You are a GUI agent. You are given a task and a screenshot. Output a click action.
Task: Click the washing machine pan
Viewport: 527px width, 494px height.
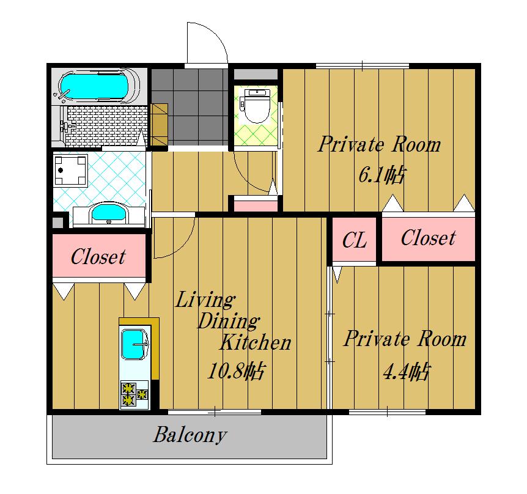pos(70,171)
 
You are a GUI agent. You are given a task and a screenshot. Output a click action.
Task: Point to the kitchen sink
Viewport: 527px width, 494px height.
pos(133,344)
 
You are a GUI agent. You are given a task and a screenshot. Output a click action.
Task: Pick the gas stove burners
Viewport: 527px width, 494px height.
pos(135,394)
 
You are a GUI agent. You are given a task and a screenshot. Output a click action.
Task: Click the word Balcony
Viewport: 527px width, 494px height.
pos(190,435)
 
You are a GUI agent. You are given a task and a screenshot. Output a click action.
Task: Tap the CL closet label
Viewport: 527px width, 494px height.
pos(354,240)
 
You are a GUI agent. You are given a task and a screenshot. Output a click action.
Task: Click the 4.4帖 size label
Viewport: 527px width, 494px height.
pos(406,371)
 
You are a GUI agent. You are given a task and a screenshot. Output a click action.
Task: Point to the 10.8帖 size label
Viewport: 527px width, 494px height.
pos(237,370)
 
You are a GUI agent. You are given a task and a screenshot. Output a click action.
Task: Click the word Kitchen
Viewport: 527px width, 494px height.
pos(256,342)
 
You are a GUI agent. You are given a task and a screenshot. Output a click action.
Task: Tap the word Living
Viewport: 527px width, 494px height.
pos(205,300)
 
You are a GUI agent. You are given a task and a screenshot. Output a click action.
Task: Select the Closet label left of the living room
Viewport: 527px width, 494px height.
pos(98,257)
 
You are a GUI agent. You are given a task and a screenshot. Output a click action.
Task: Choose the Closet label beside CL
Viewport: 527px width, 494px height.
pos(428,238)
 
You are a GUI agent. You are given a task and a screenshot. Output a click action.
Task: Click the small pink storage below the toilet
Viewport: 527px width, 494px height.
pos(256,204)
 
